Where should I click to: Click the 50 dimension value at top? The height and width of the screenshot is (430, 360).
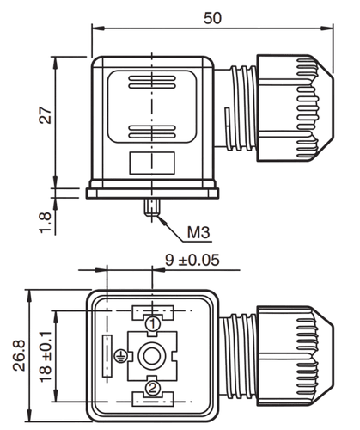click(x=212, y=18)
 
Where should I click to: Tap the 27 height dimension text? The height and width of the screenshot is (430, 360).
click(x=45, y=115)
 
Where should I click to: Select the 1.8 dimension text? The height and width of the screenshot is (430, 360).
click(x=46, y=223)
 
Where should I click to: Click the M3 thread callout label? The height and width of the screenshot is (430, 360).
click(x=198, y=232)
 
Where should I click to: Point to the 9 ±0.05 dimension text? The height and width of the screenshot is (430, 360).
click(x=192, y=260)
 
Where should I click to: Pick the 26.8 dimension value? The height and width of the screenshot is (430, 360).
click(x=19, y=355)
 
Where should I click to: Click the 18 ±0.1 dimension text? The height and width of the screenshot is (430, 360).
click(x=46, y=356)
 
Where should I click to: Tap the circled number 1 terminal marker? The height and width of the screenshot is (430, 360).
click(x=152, y=323)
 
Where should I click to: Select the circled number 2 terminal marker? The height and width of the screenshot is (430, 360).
click(x=152, y=388)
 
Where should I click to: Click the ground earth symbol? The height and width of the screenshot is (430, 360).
click(x=120, y=356)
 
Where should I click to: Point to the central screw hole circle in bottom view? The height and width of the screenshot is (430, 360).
click(x=152, y=356)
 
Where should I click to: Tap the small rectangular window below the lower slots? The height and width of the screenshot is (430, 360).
click(x=152, y=163)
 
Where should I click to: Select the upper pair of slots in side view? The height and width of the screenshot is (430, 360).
click(x=152, y=82)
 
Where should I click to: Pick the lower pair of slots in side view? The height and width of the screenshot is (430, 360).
click(x=152, y=132)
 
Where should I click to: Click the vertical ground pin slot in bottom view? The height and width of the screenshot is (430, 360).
click(x=107, y=355)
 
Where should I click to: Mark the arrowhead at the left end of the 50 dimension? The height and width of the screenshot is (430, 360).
click(x=98, y=28)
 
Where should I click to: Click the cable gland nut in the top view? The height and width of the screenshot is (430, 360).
click(x=295, y=107)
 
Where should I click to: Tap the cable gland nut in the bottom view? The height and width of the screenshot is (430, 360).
click(x=295, y=355)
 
